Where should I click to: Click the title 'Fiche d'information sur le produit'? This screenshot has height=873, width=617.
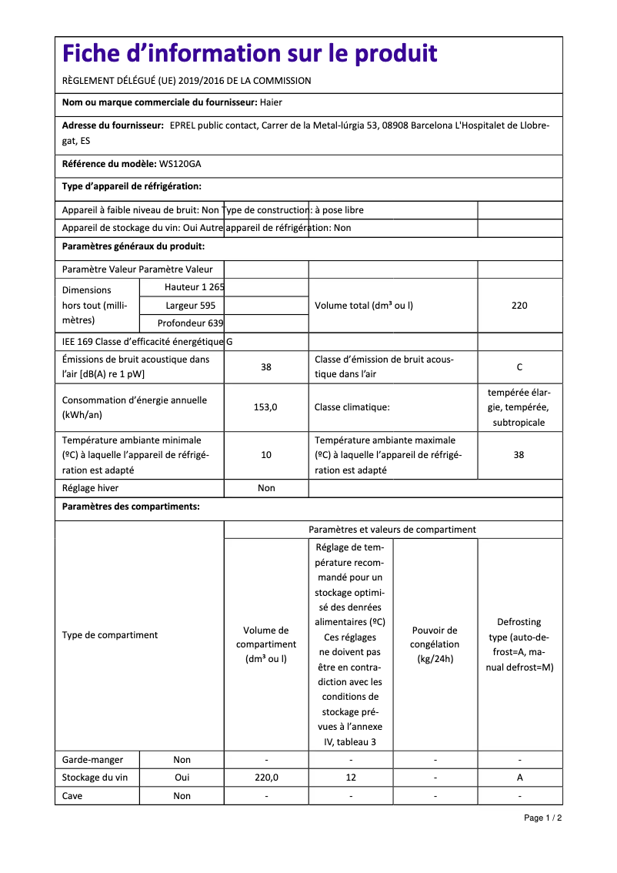point(249,54)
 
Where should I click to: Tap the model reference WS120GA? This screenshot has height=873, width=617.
point(180,164)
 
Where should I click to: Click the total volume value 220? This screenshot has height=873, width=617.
point(519,306)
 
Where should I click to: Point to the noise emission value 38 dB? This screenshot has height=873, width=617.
point(266,367)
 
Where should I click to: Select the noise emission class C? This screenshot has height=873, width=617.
point(519,367)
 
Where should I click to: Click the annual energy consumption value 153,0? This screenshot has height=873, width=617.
point(266,407)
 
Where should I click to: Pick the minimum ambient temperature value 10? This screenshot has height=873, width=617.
point(266,455)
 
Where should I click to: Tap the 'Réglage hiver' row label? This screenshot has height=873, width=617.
point(90,488)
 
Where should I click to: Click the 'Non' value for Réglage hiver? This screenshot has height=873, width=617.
point(266,488)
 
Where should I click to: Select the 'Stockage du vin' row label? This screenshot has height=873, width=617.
point(95,778)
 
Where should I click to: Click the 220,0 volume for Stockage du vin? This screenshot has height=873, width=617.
point(266,778)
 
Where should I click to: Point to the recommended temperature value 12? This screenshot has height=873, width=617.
point(351,778)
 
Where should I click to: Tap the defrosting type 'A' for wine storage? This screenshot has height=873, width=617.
point(519,778)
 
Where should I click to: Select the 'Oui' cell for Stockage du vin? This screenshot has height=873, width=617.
point(182,778)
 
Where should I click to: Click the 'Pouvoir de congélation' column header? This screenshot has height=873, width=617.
point(435,644)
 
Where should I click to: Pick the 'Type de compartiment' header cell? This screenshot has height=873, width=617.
point(110,635)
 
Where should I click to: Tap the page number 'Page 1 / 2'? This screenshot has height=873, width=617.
point(542,818)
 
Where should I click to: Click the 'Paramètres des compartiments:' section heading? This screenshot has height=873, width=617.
point(131,507)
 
